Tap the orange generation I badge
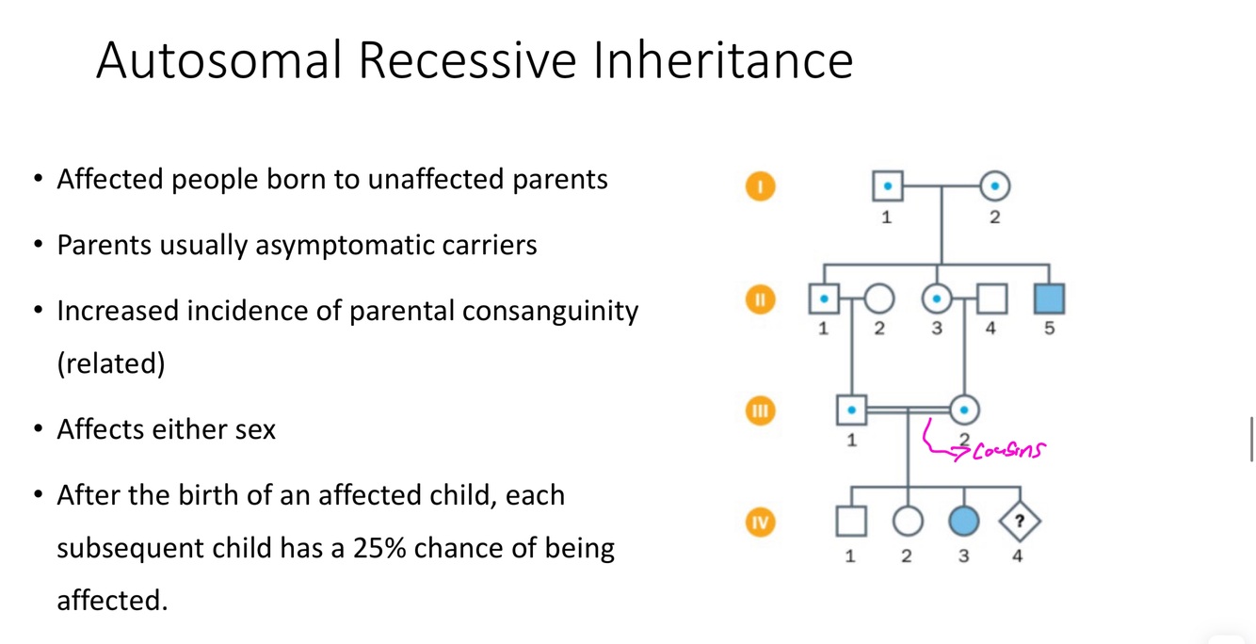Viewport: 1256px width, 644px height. tap(761, 186)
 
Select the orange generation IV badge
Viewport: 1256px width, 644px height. tap(761, 523)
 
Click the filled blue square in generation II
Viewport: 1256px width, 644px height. tap(1049, 298)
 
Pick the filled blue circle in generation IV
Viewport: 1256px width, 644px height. tap(964, 522)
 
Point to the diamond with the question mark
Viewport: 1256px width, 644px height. tap(1020, 522)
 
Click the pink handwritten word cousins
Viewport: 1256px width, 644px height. tap(1009, 449)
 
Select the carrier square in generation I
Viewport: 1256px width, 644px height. tap(888, 186)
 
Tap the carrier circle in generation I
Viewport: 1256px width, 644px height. tap(994, 186)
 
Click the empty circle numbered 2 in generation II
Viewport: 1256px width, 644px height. tap(878, 298)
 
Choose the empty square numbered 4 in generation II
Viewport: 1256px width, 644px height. tap(992, 298)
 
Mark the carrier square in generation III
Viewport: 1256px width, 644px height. tap(851, 410)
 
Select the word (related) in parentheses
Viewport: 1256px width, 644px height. tap(111, 363)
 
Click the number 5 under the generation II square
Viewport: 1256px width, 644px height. tap(1049, 328)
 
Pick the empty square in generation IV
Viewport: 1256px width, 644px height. tap(851, 522)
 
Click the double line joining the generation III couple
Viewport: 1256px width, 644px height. tap(908, 411)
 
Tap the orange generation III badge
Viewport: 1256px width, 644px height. tap(761, 411)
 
